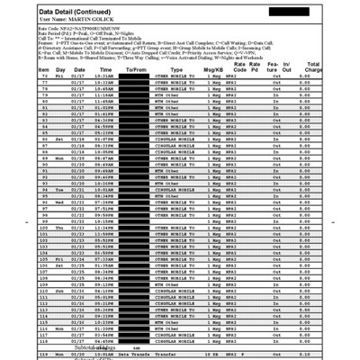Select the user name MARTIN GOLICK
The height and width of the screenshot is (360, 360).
coord(66,20)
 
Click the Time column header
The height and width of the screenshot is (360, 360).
coord(105,68)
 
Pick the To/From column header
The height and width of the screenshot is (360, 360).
coord(138,68)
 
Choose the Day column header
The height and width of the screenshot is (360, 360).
coord(60,68)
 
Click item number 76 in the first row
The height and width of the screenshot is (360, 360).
coord(45,76)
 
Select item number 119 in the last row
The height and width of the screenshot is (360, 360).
coord(45,355)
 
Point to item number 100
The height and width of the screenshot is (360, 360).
coord(44,228)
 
